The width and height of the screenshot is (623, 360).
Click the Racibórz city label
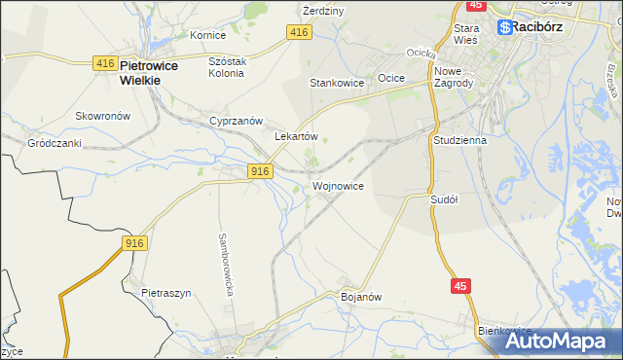(544, 27)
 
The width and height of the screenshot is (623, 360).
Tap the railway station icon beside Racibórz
(505, 27)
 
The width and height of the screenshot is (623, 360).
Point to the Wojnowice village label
(339, 185)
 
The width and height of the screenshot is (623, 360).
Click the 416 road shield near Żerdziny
(299, 33)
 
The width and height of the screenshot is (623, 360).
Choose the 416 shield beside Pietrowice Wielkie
(105, 63)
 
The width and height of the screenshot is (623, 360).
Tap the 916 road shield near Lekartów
(258, 171)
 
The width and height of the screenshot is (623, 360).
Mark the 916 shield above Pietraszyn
(134, 242)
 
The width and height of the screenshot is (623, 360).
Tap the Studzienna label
(459, 140)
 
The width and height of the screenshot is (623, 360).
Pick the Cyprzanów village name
(237, 121)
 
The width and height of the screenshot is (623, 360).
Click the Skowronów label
(103, 115)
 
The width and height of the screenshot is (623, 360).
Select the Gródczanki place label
(54, 142)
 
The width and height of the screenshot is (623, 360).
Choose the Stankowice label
(337, 83)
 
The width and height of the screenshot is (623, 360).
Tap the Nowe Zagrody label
(454, 77)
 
